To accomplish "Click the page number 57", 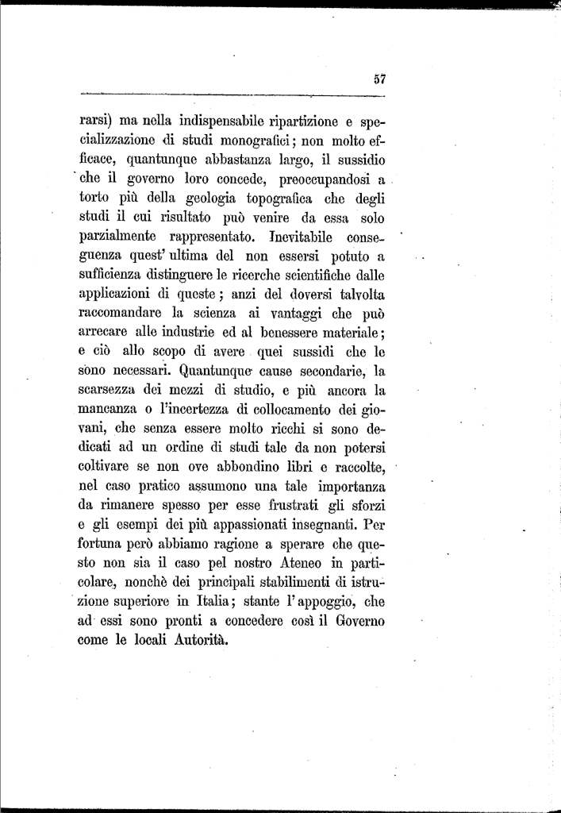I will tap(378, 78).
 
